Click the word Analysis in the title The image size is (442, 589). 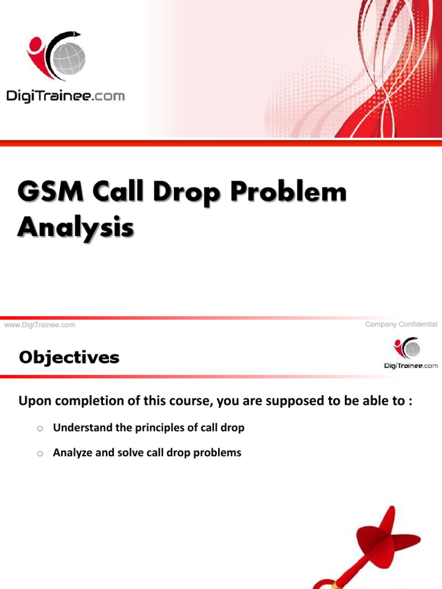coord(75,227)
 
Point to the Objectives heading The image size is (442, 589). coord(69,358)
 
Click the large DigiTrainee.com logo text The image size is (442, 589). coord(66,96)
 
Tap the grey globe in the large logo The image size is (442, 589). coord(68,57)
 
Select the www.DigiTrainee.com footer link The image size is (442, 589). coord(40,325)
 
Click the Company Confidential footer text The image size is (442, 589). coord(401,324)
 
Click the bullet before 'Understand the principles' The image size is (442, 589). coord(40,429)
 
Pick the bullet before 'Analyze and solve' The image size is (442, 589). coord(40,454)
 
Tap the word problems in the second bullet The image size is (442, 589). coord(219,453)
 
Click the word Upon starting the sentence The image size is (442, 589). coord(32,401)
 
